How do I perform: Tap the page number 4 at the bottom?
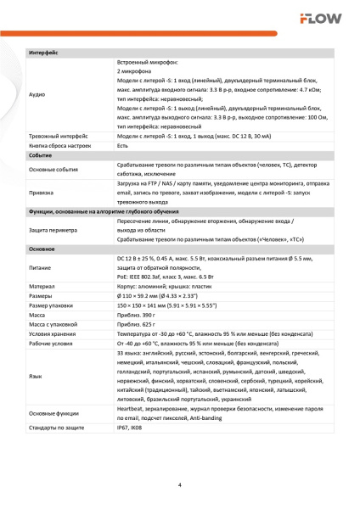point(179,485)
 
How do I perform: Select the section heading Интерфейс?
point(43,53)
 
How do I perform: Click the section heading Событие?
point(41,156)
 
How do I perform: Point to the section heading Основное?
point(42,249)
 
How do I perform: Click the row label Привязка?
point(42,192)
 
